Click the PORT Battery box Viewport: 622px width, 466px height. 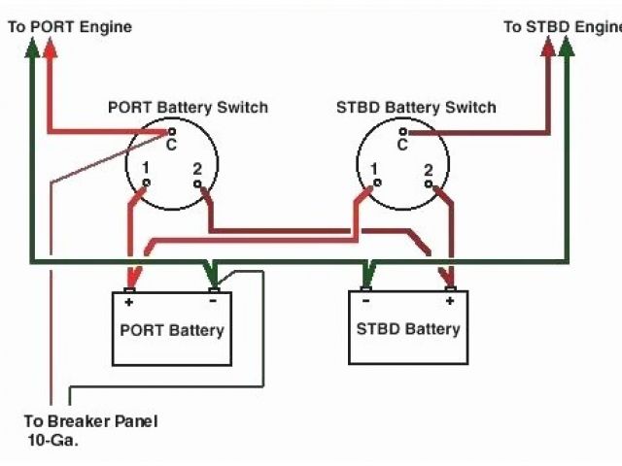171,330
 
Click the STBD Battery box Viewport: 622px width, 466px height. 408,328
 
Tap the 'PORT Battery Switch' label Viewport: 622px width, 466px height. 188,107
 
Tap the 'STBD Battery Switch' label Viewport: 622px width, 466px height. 416,107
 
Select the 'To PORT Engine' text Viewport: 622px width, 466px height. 69,27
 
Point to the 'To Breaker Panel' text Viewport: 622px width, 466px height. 90,421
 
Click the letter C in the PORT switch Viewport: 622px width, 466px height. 171,146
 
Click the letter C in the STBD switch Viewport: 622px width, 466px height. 402,146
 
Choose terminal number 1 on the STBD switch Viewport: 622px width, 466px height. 374,169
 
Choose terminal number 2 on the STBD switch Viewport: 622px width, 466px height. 429,170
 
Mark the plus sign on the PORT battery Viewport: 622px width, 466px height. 128,302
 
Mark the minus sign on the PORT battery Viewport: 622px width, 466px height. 213,302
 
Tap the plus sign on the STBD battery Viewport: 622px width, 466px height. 450,302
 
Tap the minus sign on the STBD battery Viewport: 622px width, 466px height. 365,302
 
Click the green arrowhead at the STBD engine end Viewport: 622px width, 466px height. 567,49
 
